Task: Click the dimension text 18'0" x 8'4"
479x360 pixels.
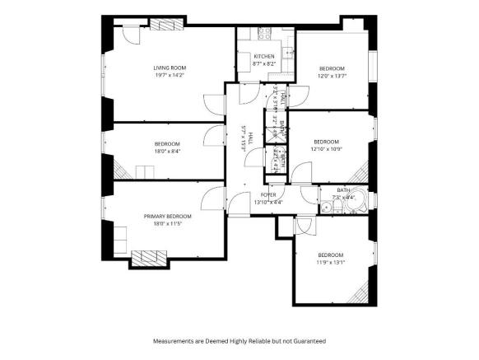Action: (166, 152)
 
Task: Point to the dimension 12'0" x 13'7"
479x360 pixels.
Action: (333, 76)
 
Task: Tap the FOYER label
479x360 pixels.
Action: (268, 194)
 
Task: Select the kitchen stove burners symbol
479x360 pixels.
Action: (266, 35)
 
